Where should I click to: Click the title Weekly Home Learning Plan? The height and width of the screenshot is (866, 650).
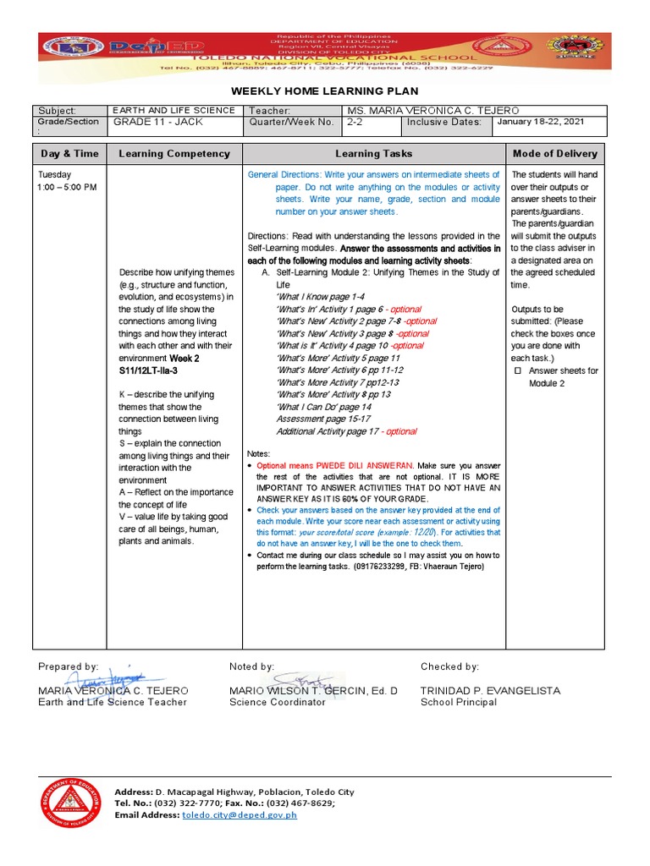(x=325, y=91)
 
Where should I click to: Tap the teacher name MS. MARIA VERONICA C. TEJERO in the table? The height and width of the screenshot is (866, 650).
(x=432, y=111)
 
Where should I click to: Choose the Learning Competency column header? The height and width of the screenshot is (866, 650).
(x=174, y=154)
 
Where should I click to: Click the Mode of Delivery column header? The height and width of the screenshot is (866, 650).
(x=555, y=154)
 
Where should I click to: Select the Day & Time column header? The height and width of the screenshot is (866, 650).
(x=69, y=154)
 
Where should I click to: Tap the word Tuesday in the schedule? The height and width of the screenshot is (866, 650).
(x=54, y=174)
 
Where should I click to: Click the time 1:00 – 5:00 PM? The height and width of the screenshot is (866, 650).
(x=67, y=186)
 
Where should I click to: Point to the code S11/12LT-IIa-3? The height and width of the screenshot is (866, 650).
(x=148, y=370)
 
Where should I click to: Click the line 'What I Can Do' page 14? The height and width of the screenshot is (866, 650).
(x=323, y=407)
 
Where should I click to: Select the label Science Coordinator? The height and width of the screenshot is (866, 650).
(x=277, y=703)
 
